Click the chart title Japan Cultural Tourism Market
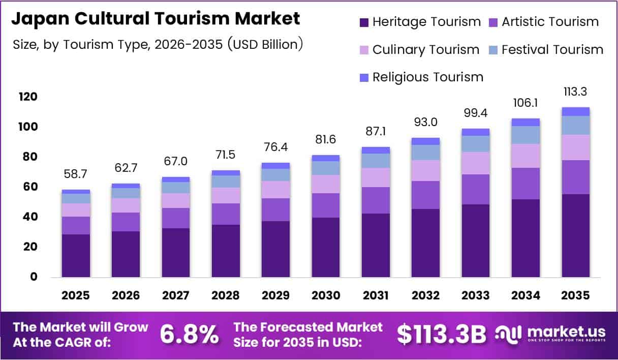click(x=156, y=19)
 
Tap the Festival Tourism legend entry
click(x=552, y=50)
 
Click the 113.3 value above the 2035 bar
click(x=576, y=92)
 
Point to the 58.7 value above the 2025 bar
click(x=76, y=174)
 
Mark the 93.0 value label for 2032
click(x=426, y=123)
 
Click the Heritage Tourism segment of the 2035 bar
click(x=576, y=235)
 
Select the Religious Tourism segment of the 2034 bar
click(x=526, y=122)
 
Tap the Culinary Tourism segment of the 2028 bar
click(x=226, y=195)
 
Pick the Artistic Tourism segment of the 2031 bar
click(x=376, y=200)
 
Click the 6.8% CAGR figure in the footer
click(x=190, y=335)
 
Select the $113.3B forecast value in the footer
click(x=441, y=335)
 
